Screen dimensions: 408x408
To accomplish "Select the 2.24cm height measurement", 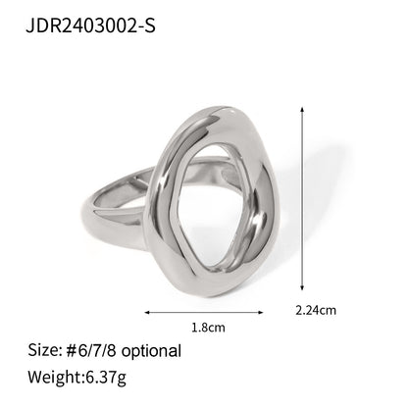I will tap(316, 311).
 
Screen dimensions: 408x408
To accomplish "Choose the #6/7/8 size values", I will tap(92, 350).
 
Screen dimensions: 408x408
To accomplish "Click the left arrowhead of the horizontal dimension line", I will tap(146, 313).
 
